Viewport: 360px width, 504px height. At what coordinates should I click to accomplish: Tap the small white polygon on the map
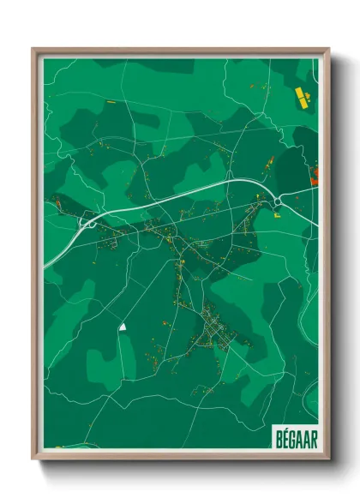coord(123,326)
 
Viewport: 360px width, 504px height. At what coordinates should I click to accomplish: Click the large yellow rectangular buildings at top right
coord(301,96)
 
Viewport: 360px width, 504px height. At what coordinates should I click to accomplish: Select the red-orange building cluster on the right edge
coord(314,177)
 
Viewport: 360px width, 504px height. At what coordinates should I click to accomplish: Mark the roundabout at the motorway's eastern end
coord(279,201)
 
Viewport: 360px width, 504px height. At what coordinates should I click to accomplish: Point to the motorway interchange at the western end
coord(87,225)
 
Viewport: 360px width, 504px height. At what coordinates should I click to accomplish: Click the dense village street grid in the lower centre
coord(214,330)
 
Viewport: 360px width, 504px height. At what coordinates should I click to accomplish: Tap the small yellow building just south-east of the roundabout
coord(278,216)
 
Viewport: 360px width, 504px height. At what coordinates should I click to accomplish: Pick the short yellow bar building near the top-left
coord(111,101)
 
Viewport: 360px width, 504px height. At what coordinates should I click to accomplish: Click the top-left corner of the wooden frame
coord(34,49)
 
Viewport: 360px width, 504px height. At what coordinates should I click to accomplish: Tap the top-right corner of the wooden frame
coord(328,49)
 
